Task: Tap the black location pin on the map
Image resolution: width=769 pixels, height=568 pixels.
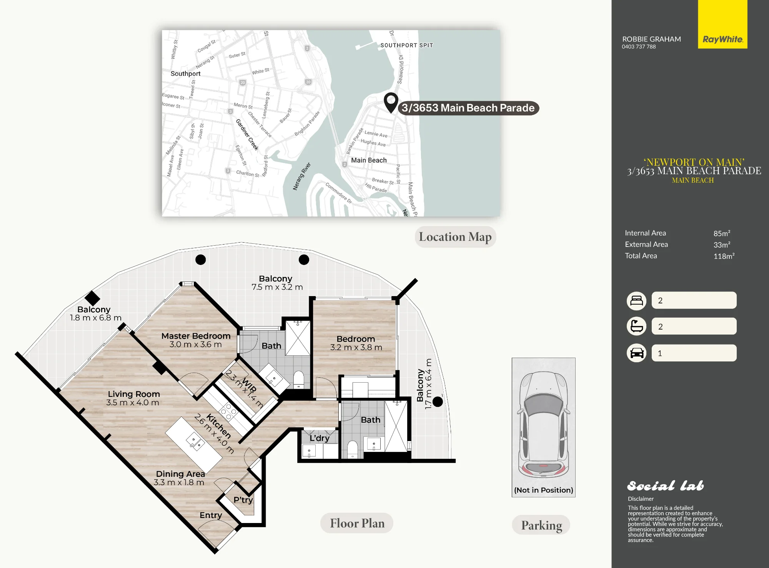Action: coord(391,103)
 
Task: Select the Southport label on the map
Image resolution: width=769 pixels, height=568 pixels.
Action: coord(185,73)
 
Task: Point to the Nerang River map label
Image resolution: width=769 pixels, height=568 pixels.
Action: coord(302,177)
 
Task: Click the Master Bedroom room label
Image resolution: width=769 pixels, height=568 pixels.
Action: coord(196,336)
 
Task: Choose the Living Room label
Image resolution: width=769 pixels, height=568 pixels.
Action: coord(134,394)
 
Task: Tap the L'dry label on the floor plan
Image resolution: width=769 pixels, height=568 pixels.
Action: coord(320,438)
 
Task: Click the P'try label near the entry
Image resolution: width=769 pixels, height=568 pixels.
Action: coord(243,500)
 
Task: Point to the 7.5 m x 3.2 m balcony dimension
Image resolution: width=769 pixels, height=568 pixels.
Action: coord(277,287)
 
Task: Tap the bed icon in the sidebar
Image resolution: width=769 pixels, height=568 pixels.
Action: coord(637,300)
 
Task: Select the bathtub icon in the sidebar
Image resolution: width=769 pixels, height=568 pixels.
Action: coord(637,326)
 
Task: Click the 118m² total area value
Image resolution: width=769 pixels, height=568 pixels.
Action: coord(724,256)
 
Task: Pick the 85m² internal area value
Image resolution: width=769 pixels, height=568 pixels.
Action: coord(722,233)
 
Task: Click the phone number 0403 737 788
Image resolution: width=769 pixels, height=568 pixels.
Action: coord(639,47)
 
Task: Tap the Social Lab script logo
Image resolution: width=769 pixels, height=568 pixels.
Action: coord(666,486)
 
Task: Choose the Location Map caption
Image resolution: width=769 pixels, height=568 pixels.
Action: coord(455,237)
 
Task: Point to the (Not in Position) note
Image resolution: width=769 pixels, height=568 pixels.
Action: coord(544,490)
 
